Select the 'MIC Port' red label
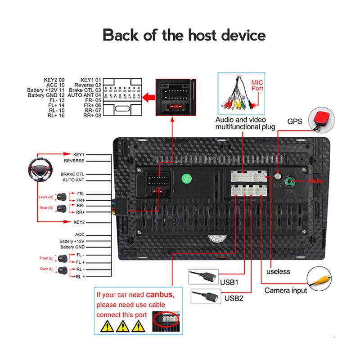257,85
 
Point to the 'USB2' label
234,298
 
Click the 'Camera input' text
285,290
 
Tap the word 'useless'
278,271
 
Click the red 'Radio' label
315,181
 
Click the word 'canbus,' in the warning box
160,295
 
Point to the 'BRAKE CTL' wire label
72,174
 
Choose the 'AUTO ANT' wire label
73,180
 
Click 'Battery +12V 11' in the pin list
46,90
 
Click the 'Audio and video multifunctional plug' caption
245,123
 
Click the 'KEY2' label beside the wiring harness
79,222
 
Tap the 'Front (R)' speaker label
46,197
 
